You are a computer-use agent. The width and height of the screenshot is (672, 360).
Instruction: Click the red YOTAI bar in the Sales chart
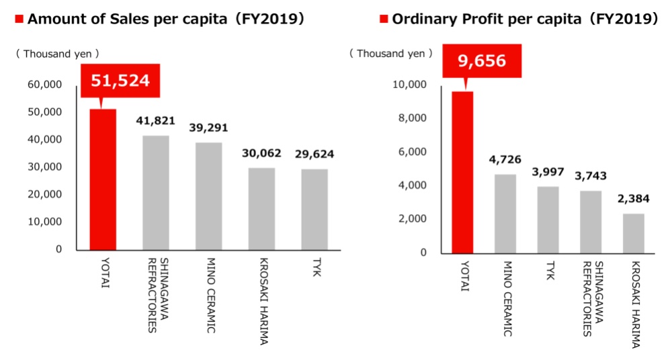(103, 179)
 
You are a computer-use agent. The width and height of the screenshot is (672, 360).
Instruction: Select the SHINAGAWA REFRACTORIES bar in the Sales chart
(156, 193)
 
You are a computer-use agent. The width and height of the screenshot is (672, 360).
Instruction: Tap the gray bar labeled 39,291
(209, 196)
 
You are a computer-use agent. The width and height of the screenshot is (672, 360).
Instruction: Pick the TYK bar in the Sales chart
(314, 209)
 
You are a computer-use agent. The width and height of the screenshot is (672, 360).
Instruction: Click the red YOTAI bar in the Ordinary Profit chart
(464, 172)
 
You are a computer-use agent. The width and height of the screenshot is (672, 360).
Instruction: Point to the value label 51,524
(120, 82)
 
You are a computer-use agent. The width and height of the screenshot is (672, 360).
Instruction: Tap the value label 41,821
(155, 122)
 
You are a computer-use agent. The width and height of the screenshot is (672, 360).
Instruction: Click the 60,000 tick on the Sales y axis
(45, 85)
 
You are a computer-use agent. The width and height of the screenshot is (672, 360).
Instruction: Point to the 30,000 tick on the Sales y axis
(45, 167)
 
